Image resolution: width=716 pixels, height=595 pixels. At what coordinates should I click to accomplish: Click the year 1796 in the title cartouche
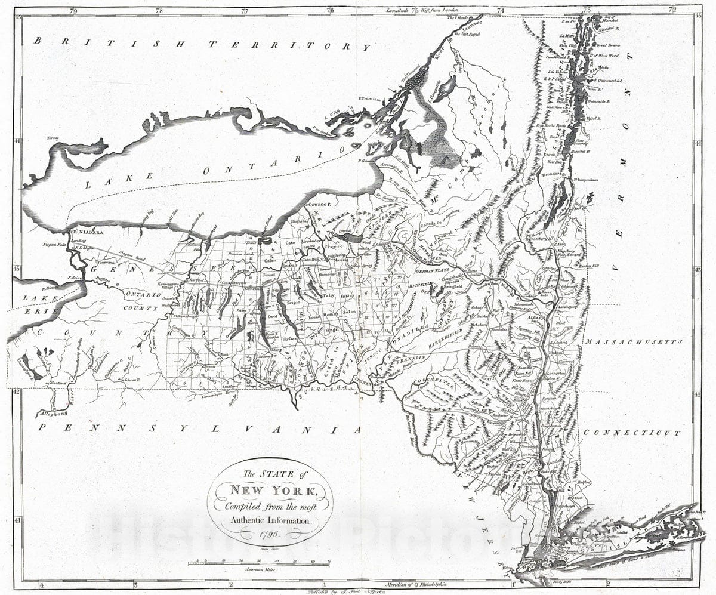269,532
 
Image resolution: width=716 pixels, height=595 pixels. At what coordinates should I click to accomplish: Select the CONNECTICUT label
632,433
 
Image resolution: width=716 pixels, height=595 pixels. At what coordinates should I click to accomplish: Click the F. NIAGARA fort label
88,232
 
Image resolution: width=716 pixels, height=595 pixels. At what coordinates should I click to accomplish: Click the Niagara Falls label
49,245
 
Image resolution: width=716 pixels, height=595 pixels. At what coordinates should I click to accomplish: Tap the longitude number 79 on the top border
73,10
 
